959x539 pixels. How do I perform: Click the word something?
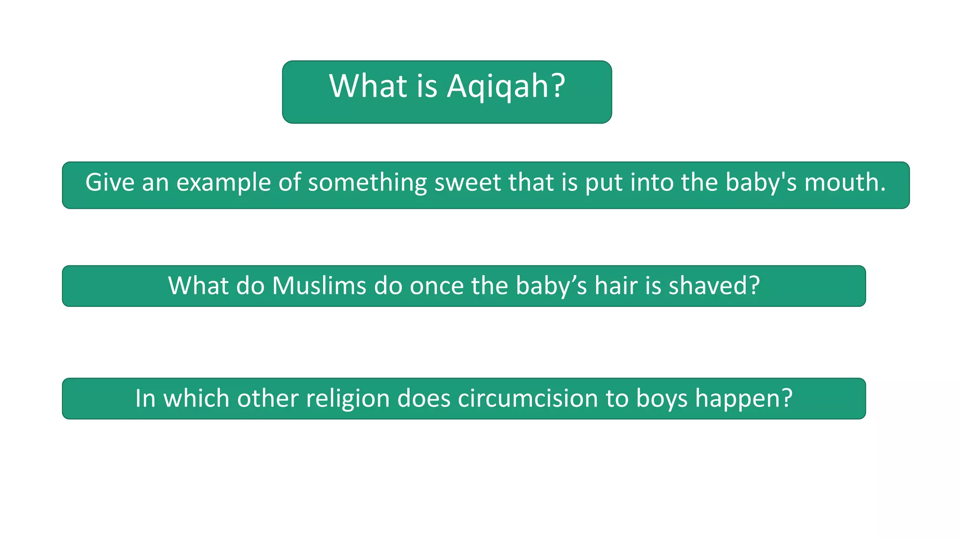tap(367, 183)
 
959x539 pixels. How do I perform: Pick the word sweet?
tap(467, 182)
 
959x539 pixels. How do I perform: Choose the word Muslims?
tap(319, 285)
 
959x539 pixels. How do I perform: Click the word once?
tap(437, 286)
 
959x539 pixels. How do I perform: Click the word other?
tap(267, 398)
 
